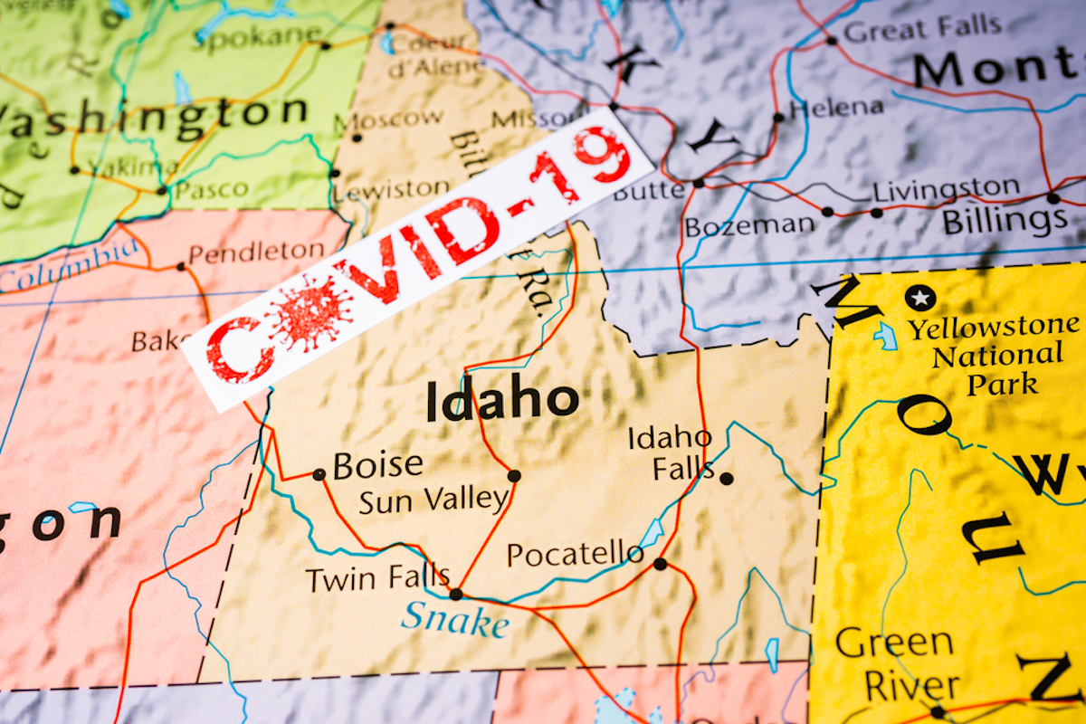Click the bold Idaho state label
tap(502, 401)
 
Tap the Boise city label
tap(377, 465)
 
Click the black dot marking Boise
tap(319, 474)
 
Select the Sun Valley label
tap(433, 500)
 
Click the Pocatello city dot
tap(660, 564)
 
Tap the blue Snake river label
tap(454, 620)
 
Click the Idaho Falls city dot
tap(726, 478)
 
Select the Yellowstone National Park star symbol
tap(920, 297)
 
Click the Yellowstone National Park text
tap(993, 355)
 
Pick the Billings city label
tap(1005, 221)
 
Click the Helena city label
tap(835, 108)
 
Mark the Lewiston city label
tap(391, 190)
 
